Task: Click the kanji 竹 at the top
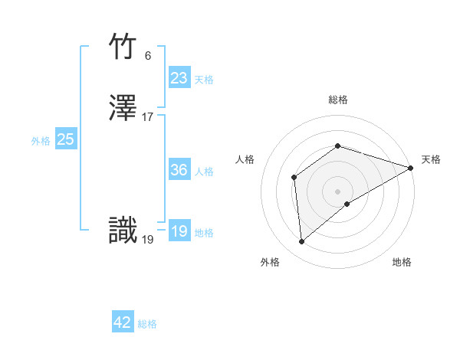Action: tap(123, 47)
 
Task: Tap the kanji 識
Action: tap(123, 231)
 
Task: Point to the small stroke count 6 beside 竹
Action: tap(147, 56)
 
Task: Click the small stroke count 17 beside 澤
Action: tap(147, 117)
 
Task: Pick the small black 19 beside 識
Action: tap(147, 240)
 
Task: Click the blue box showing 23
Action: tap(179, 78)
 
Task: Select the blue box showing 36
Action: tap(179, 170)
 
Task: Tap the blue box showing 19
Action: tap(179, 231)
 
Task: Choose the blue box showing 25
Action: tap(66, 139)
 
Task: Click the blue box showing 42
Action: tap(123, 322)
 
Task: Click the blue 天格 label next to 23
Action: tap(204, 80)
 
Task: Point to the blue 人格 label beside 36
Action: tap(204, 172)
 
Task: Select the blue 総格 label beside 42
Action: tap(147, 324)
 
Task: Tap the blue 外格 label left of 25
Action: tap(41, 141)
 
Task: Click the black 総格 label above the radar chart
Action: tap(338, 100)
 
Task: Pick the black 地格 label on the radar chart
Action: tap(402, 262)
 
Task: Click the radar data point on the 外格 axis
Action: tap(301, 242)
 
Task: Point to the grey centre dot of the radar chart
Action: tap(338, 191)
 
